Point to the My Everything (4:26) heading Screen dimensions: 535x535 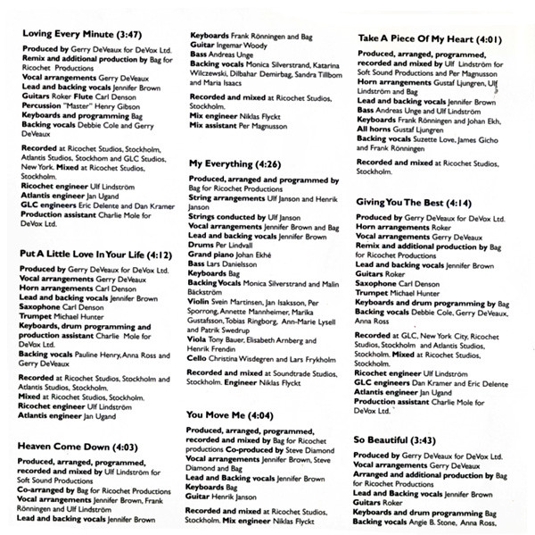click(x=235, y=164)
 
